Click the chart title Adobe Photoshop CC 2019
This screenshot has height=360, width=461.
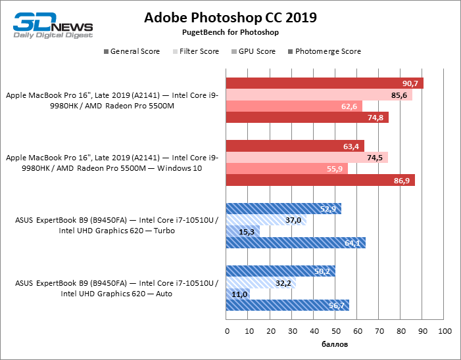pos(231,17)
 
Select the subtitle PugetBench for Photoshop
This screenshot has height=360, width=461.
pos(231,32)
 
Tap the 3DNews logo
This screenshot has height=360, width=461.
pos(53,26)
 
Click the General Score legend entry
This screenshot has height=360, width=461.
pos(132,51)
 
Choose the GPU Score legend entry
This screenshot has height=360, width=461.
pos(253,51)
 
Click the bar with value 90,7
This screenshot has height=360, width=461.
pos(324,83)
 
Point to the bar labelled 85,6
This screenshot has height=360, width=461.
pos(319,95)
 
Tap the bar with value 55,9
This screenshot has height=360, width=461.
pos(287,169)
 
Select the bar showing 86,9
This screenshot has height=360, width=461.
pos(320,180)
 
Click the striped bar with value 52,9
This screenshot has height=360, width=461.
pos(283,210)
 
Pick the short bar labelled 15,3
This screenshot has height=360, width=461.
pos(243,232)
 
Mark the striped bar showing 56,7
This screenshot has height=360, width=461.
pos(287,305)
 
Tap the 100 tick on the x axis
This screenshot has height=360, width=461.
pos(445,330)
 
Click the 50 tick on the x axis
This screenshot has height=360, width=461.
pos(335,330)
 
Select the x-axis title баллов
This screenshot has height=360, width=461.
pos(335,344)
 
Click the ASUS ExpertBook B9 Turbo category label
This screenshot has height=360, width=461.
pos(115,225)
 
